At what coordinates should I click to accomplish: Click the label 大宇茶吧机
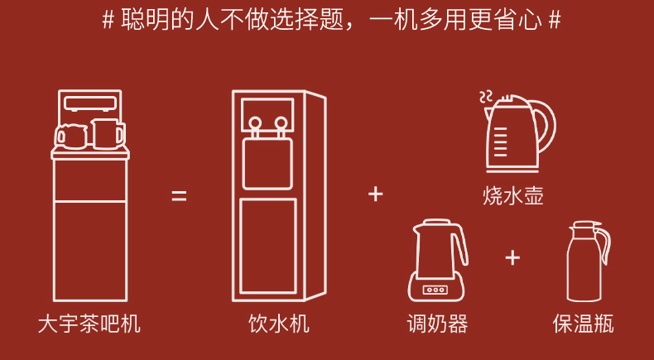[89, 324]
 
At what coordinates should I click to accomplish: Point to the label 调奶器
[437, 324]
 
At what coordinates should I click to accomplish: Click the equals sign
[180, 197]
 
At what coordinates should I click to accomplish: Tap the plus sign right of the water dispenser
[376, 194]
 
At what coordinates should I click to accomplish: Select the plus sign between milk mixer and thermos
[513, 257]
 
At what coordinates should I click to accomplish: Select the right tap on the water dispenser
[282, 126]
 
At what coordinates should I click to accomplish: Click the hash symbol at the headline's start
[108, 21]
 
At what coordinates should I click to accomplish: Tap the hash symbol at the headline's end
[554, 21]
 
